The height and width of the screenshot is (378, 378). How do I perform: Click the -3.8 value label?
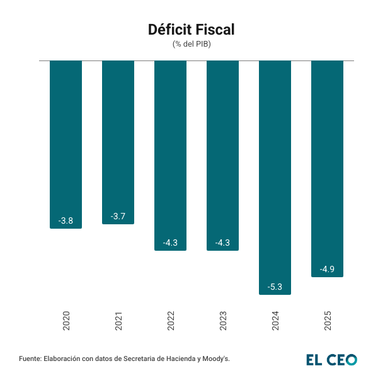(66, 220)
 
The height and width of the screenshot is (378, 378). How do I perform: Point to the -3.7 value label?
(118, 216)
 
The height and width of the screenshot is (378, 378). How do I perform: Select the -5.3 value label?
(275, 287)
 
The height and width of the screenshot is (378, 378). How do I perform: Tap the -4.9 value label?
(327, 269)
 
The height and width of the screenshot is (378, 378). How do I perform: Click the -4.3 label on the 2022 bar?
(170, 243)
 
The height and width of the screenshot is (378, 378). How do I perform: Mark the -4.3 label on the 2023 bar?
(222, 243)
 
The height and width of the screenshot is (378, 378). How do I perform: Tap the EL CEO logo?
(331, 359)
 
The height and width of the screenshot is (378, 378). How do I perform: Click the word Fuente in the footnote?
(30, 358)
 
